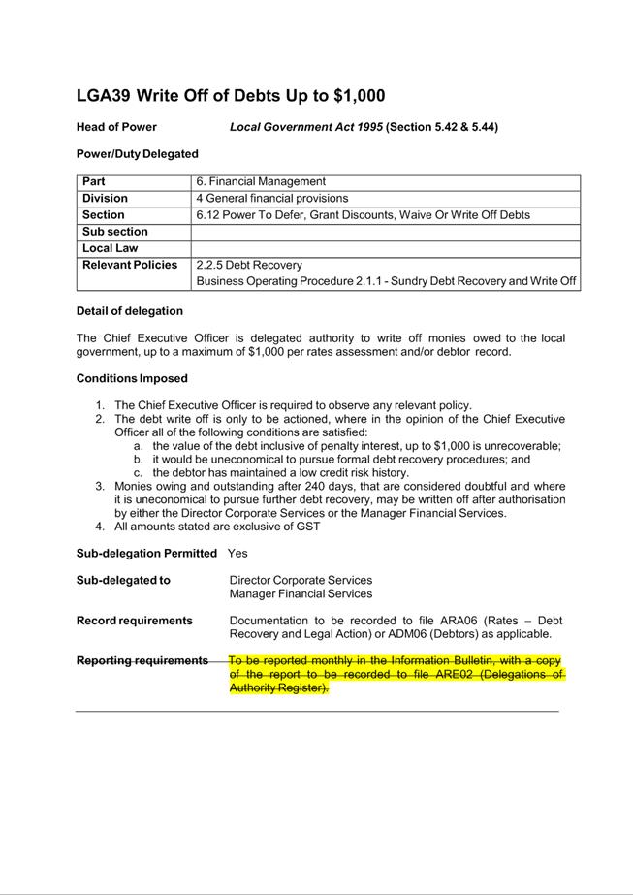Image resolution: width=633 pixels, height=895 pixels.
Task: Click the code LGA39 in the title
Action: pos(104,95)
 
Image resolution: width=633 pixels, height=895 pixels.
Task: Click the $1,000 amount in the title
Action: pos(359,95)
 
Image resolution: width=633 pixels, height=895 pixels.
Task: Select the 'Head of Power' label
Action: pos(116,127)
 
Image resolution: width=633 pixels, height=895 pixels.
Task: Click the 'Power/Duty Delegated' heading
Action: pos(137,153)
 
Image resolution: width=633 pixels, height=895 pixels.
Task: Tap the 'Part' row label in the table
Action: pos(94,181)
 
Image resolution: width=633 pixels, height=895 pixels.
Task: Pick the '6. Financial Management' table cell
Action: pos(261,181)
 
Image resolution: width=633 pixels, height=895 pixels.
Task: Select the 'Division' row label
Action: pos(105,198)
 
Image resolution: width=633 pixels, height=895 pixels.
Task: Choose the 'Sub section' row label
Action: pos(115,232)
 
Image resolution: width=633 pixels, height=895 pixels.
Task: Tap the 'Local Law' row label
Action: pos(111,248)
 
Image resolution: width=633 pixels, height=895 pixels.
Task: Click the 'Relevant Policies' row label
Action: pos(130,265)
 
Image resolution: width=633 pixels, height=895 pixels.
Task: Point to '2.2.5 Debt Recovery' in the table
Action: pos(249,265)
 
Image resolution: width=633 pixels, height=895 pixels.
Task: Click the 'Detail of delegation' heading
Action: pos(129,311)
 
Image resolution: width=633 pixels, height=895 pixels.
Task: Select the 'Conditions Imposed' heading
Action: pos(132,378)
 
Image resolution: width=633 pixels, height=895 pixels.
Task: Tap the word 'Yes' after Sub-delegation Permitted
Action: pos(237,553)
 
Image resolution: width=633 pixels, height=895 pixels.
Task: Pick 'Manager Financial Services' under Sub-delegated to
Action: pos(301,593)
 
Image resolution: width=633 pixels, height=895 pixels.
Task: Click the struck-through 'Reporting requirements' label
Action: pos(142,660)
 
